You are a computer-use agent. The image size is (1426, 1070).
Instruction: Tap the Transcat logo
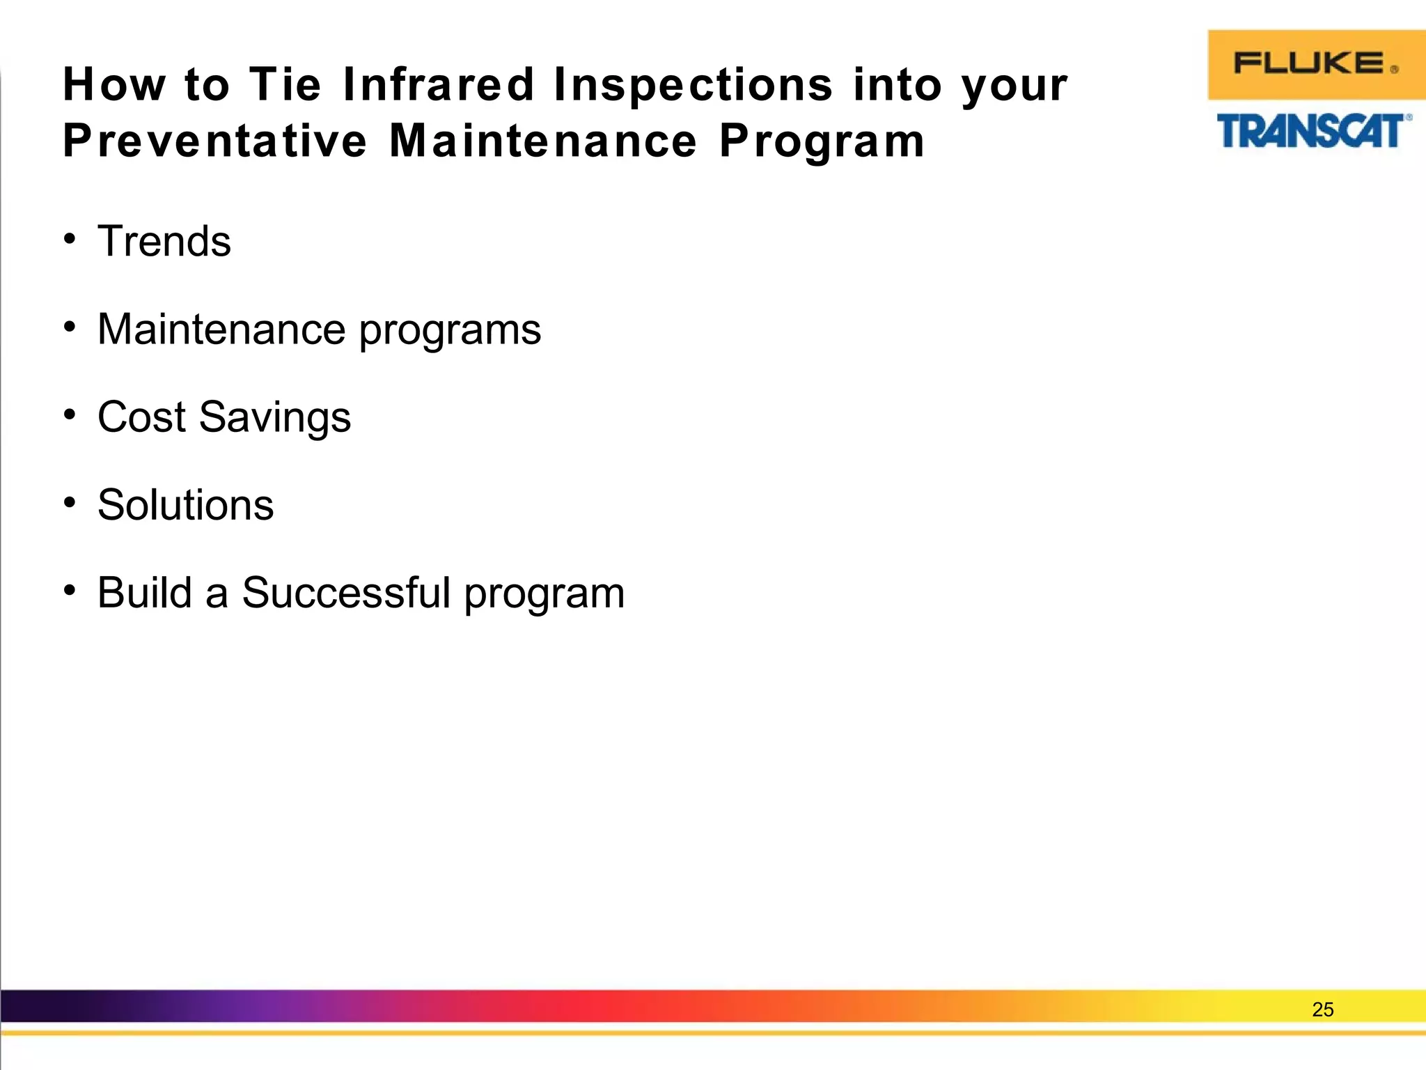[1313, 131]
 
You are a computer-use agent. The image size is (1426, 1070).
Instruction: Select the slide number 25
[1322, 1009]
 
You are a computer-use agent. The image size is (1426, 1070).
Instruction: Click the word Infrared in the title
[438, 85]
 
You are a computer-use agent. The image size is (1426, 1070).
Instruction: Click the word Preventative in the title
[214, 141]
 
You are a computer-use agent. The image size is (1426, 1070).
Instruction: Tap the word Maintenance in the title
[543, 141]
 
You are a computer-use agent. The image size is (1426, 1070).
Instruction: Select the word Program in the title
[822, 142]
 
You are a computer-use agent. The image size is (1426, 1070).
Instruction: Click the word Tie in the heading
[285, 85]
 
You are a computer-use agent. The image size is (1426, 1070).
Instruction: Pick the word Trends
[164, 242]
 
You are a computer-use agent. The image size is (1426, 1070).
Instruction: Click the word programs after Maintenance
[450, 330]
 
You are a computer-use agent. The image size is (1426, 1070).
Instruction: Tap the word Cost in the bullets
[141, 417]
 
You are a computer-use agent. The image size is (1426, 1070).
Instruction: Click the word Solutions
[185, 505]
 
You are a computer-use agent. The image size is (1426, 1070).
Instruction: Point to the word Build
[144, 593]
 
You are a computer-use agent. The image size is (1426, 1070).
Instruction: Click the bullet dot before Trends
[69, 239]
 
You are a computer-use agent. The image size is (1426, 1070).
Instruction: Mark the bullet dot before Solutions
[69, 502]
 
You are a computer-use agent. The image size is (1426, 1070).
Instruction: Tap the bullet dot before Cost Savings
[69, 414]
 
